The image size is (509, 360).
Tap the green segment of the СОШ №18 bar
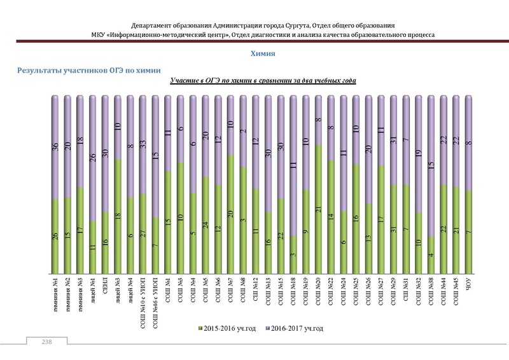pos(293,254)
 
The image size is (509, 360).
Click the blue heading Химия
pos(263,55)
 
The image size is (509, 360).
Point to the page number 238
pos(46,343)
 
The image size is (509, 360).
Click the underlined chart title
pos(263,81)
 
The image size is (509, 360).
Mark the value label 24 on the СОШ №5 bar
pos(206,225)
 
